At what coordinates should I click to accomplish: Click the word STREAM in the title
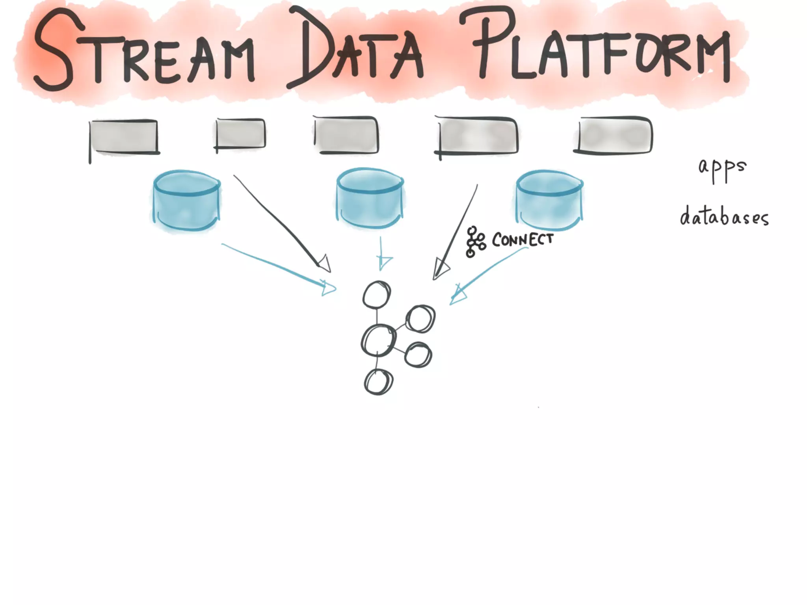coord(144,51)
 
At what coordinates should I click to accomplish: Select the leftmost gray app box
coord(124,136)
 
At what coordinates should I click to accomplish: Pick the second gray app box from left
coord(240,134)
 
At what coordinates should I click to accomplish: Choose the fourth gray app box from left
coord(478,135)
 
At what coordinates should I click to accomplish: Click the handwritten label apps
coord(722,168)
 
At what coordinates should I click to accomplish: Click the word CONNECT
coord(523,239)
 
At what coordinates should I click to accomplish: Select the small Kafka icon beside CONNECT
coord(475,241)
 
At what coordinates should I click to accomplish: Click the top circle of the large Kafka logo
coord(377,295)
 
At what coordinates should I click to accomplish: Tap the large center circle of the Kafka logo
coord(378,341)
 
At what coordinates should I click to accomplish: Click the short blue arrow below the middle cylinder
coord(381,254)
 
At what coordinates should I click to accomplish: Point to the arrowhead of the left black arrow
coord(325,264)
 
